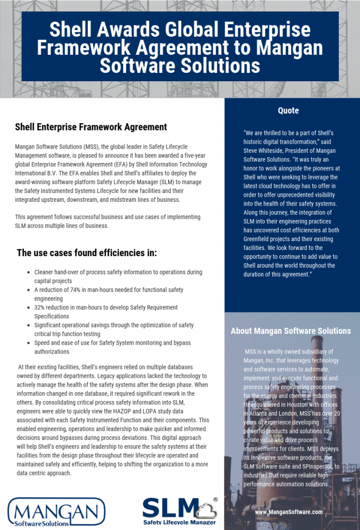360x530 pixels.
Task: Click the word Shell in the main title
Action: tap(72, 30)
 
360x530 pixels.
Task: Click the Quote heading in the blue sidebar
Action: tap(288, 110)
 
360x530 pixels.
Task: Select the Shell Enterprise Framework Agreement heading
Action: tap(91, 127)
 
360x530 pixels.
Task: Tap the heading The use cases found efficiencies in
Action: tap(87, 253)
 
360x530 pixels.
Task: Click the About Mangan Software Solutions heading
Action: tap(290, 331)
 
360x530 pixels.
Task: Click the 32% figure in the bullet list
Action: tap(40, 307)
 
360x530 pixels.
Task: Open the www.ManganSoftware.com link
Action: tap(289, 511)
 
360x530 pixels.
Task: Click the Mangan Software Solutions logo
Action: tap(56, 512)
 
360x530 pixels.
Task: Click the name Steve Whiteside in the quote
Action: tap(265, 151)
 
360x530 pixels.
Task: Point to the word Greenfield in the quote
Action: tap(259, 239)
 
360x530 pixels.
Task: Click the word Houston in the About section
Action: tap(299, 405)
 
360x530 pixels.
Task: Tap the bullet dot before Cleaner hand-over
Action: tap(27, 272)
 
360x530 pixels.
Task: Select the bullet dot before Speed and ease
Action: tap(27, 343)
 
